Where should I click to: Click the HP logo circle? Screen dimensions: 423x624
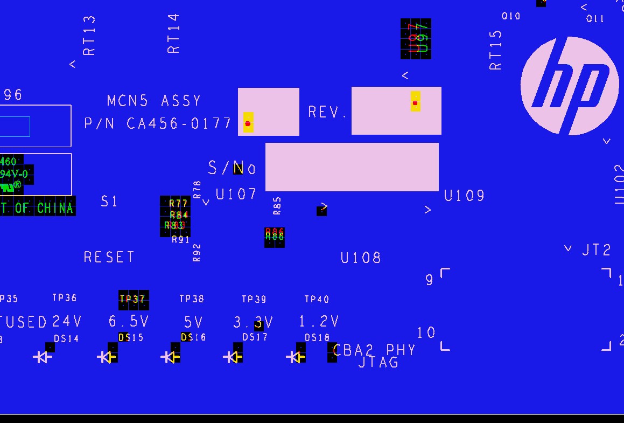[570, 86]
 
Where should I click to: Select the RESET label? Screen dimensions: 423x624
[109, 257]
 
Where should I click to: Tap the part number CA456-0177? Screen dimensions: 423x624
[179, 124]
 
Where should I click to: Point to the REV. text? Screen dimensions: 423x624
[327, 112]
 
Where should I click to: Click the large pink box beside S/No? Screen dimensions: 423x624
[352, 167]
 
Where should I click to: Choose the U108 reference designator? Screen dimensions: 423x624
[361, 258]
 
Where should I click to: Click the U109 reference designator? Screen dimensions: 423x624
[464, 196]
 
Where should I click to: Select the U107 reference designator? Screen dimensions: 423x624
[236, 194]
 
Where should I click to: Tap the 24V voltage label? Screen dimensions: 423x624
[67, 322]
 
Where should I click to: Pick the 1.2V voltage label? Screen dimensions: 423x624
[319, 322]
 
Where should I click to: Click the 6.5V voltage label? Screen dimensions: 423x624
[129, 322]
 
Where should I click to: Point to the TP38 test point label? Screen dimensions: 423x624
[192, 299]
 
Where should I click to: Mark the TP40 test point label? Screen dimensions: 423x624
[317, 299]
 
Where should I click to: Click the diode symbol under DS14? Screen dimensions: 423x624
[43, 357]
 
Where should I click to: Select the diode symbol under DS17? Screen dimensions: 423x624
[233, 357]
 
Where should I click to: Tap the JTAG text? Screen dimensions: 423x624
[378, 363]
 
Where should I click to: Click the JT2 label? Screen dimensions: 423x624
[597, 250]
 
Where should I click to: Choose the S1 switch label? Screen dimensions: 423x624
[109, 202]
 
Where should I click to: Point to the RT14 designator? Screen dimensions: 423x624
[173, 33]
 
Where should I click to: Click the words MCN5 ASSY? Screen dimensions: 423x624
[154, 101]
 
